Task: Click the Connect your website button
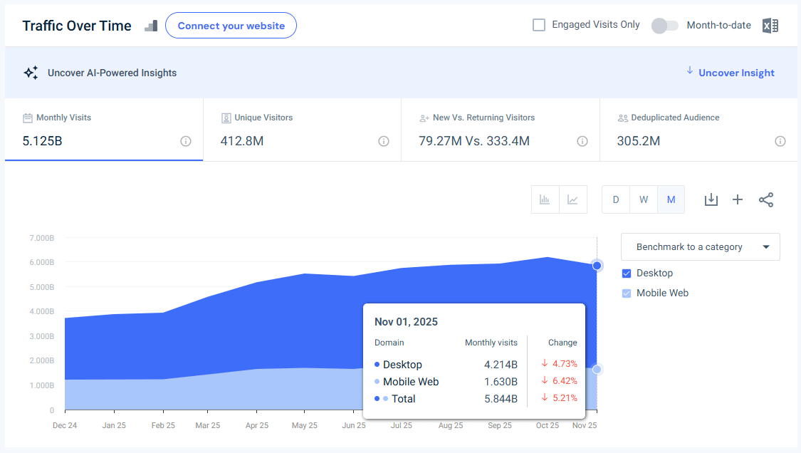click(x=231, y=26)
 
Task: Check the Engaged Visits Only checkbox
click(x=539, y=25)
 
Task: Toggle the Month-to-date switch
click(x=664, y=26)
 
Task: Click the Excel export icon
click(x=770, y=26)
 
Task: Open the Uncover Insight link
click(x=736, y=73)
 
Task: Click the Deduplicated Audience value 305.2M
click(x=638, y=141)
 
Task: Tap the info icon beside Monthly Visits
click(x=186, y=141)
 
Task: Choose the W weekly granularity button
click(x=643, y=199)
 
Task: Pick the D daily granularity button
click(x=616, y=199)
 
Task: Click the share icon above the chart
click(x=765, y=199)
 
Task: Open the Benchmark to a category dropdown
click(x=700, y=247)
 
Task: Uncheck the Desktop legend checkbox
click(x=627, y=274)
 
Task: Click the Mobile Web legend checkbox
click(x=627, y=293)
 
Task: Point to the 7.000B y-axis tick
click(x=41, y=237)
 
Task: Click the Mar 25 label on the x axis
click(x=207, y=425)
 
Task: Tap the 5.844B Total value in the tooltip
click(x=501, y=399)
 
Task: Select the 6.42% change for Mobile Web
click(x=563, y=381)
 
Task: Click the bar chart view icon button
click(x=545, y=199)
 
